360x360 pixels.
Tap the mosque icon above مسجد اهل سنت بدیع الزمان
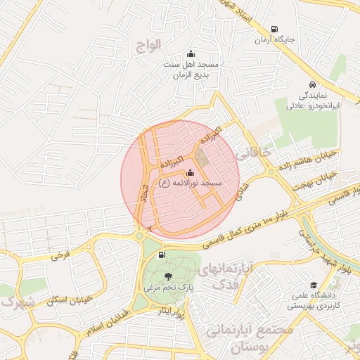pyautogui.click(x=190, y=53)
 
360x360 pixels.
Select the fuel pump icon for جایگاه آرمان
pyautogui.click(x=274, y=29)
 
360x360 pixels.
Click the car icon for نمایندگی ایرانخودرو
pyautogui.click(x=311, y=85)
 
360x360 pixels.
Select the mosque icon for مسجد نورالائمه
pyautogui.click(x=191, y=172)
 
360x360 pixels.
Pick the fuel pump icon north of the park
pyautogui.click(x=162, y=255)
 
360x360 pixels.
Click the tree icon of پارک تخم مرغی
pyautogui.click(x=167, y=276)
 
